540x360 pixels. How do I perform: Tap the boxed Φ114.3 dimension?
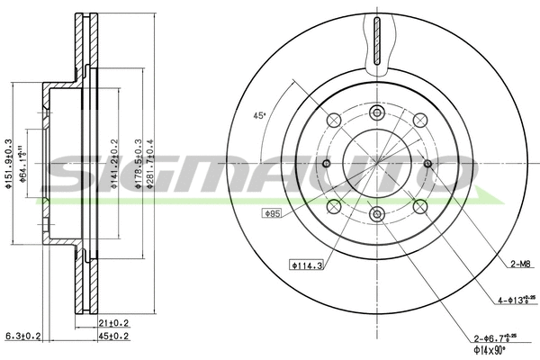[x=305, y=265]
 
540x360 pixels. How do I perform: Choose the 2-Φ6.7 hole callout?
[x=497, y=337]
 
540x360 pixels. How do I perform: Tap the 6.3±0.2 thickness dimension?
[x=24, y=337]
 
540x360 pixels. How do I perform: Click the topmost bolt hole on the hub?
[x=376, y=112]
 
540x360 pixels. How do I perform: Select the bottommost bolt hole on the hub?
[x=376, y=214]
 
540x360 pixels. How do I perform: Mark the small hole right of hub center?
[x=427, y=163]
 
